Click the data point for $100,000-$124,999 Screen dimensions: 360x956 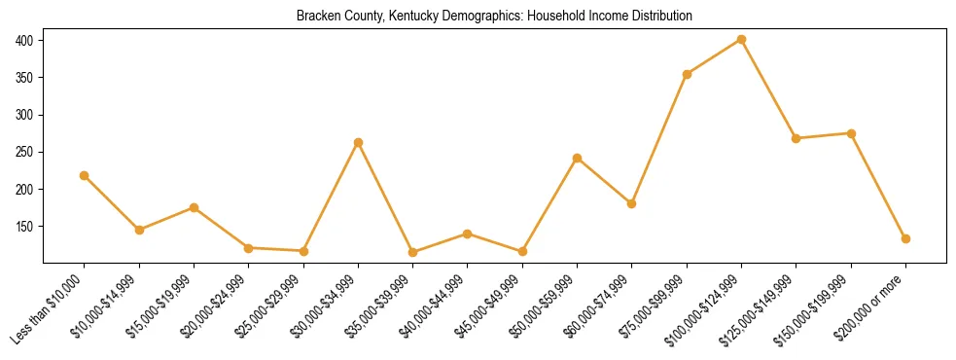[741, 40]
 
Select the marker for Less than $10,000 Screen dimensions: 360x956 [85, 176]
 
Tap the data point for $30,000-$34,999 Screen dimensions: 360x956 [358, 143]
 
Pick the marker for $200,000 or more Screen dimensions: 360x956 [905, 238]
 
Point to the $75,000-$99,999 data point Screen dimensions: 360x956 [687, 74]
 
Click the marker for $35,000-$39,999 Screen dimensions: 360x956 [412, 252]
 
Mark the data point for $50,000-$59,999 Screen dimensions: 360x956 [577, 158]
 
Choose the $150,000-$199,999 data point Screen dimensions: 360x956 [851, 133]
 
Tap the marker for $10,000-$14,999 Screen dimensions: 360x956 [139, 230]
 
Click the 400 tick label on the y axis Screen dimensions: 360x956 [24, 40]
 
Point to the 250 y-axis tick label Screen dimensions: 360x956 [24, 152]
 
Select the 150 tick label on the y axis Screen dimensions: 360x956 [24, 226]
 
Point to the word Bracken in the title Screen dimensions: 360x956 [316, 17]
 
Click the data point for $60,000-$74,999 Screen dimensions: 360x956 [631, 203]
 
